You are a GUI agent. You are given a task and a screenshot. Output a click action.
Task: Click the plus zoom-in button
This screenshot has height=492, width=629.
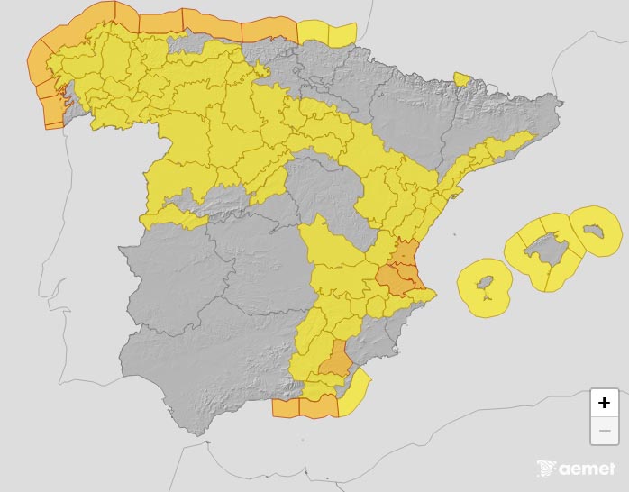pos(604,403)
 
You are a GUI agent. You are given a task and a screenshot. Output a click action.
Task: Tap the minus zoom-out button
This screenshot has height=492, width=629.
pos(604,432)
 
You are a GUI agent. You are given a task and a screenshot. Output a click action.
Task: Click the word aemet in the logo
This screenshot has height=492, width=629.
pos(587,469)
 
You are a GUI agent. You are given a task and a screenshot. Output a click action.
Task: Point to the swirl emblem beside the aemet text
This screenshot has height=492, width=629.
pos(545,469)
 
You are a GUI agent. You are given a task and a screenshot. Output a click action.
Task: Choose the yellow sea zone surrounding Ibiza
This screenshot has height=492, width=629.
pos(469,288)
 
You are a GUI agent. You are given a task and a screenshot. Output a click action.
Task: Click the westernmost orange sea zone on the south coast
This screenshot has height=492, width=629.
pos(285,408)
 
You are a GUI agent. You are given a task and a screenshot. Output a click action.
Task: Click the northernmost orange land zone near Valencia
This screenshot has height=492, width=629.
pos(407,255)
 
